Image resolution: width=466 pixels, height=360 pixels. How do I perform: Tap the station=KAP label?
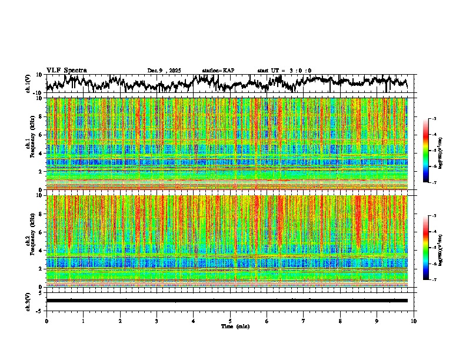pyautogui.click(x=218, y=71)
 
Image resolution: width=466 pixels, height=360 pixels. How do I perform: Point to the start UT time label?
pyautogui.click(x=284, y=71)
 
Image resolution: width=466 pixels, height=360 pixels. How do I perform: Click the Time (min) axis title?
pyautogui.click(x=235, y=326)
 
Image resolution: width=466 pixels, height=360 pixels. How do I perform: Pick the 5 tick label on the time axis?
pyautogui.click(x=230, y=321)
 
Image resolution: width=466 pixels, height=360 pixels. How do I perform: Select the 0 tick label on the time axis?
pyautogui.click(x=46, y=321)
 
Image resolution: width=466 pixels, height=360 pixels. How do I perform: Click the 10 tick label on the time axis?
pyautogui.click(x=414, y=321)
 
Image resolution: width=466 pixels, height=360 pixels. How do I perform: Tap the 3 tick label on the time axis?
pyautogui.click(x=157, y=321)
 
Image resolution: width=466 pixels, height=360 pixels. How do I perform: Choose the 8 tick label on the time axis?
pyautogui.click(x=340, y=321)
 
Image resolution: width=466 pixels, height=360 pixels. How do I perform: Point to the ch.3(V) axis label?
pyautogui.click(x=28, y=300)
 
